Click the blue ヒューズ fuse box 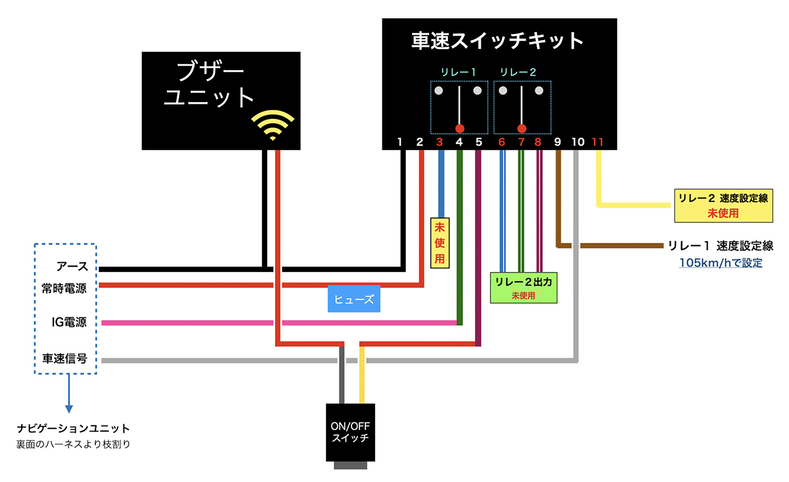coord(354,299)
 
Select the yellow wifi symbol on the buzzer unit coord(273,124)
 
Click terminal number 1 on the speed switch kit coord(399,142)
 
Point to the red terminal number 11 coord(598,142)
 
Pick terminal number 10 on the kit coord(578,142)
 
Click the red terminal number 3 coord(439,142)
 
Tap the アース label coord(72,266)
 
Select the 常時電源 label coord(64,288)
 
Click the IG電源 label coord(69,322)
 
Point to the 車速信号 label coord(64,359)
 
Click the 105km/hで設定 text coord(720,263)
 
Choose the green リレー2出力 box coord(523,288)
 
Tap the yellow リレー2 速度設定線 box coord(722,205)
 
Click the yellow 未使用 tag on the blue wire coord(439,243)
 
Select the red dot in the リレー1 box coord(459,128)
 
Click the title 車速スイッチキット coord(498,41)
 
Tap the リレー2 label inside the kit coord(518,72)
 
